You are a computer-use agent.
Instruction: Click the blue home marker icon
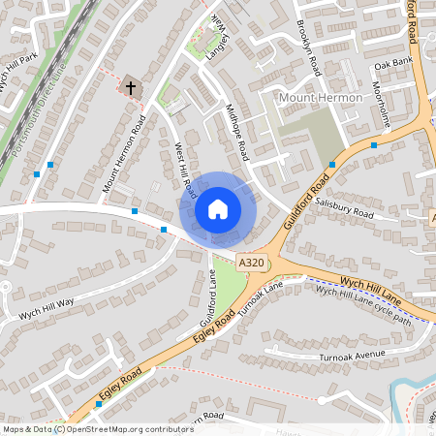pos(218,208)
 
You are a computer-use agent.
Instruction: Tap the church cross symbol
pos(130,87)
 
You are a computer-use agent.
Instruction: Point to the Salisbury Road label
pos(344,207)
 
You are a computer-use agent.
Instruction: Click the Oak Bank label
pos(393,63)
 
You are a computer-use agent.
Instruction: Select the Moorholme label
pos(383,104)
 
